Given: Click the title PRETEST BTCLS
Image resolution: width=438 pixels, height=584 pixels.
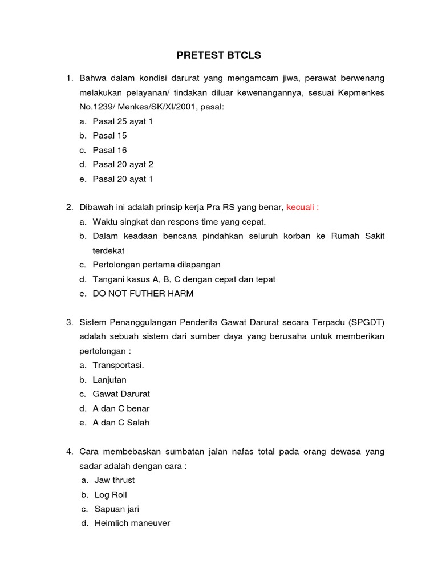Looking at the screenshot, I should click(218, 55).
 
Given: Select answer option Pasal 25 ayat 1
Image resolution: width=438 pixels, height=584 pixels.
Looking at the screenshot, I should click(123, 121).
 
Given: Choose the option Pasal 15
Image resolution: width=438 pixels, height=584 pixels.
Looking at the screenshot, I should click(109, 136).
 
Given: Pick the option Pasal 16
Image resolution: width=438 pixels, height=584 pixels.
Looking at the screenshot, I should click(109, 150).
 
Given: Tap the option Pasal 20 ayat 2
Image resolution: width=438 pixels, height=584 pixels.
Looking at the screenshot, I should click(123, 164).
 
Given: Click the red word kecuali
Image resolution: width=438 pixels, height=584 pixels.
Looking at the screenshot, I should click(302, 208).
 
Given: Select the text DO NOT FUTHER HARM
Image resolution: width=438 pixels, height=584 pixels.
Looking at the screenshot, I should click(143, 294).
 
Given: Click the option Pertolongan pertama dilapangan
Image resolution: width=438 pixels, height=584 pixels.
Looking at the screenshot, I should click(156, 265).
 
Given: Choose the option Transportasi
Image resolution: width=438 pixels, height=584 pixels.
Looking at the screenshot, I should click(118, 365).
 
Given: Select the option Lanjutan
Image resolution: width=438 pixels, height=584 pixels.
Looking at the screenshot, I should click(109, 380).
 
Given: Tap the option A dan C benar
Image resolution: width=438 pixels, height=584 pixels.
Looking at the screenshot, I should click(121, 408).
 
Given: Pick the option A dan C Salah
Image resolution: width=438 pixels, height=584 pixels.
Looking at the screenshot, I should click(121, 423).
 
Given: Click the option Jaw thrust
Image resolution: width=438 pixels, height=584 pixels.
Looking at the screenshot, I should click(114, 480).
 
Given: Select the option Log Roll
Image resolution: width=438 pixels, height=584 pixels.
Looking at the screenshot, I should click(111, 494).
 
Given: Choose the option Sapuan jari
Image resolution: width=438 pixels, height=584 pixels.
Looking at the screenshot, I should click(116, 509).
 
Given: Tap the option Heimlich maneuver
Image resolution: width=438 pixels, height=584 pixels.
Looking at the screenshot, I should click(132, 523).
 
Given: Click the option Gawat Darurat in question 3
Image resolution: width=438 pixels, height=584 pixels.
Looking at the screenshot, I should click(121, 394).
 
